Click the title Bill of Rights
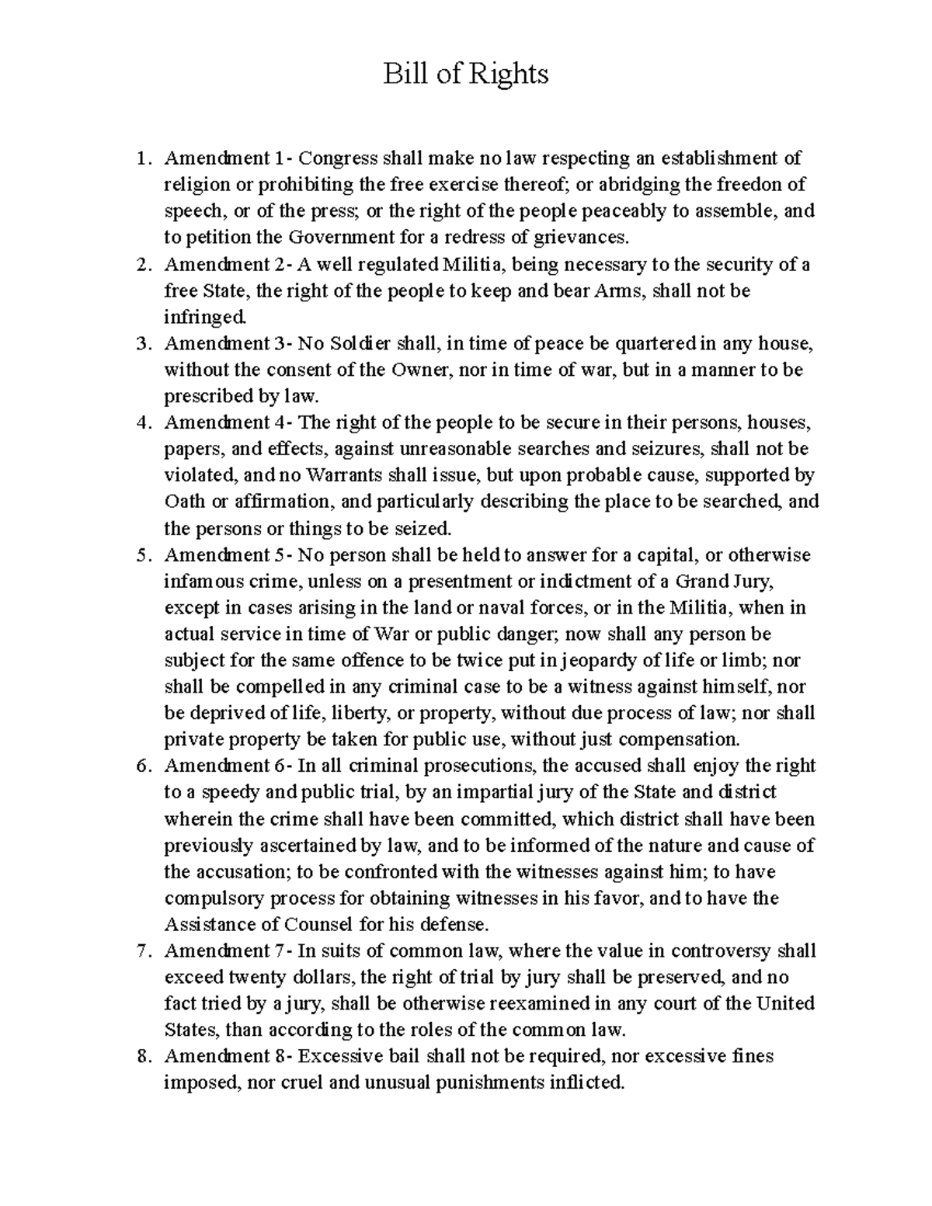tap(466, 75)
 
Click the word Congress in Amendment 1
tap(336, 158)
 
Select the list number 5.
tap(141, 555)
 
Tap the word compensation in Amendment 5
tap(676, 739)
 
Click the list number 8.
tap(141, 1056)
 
